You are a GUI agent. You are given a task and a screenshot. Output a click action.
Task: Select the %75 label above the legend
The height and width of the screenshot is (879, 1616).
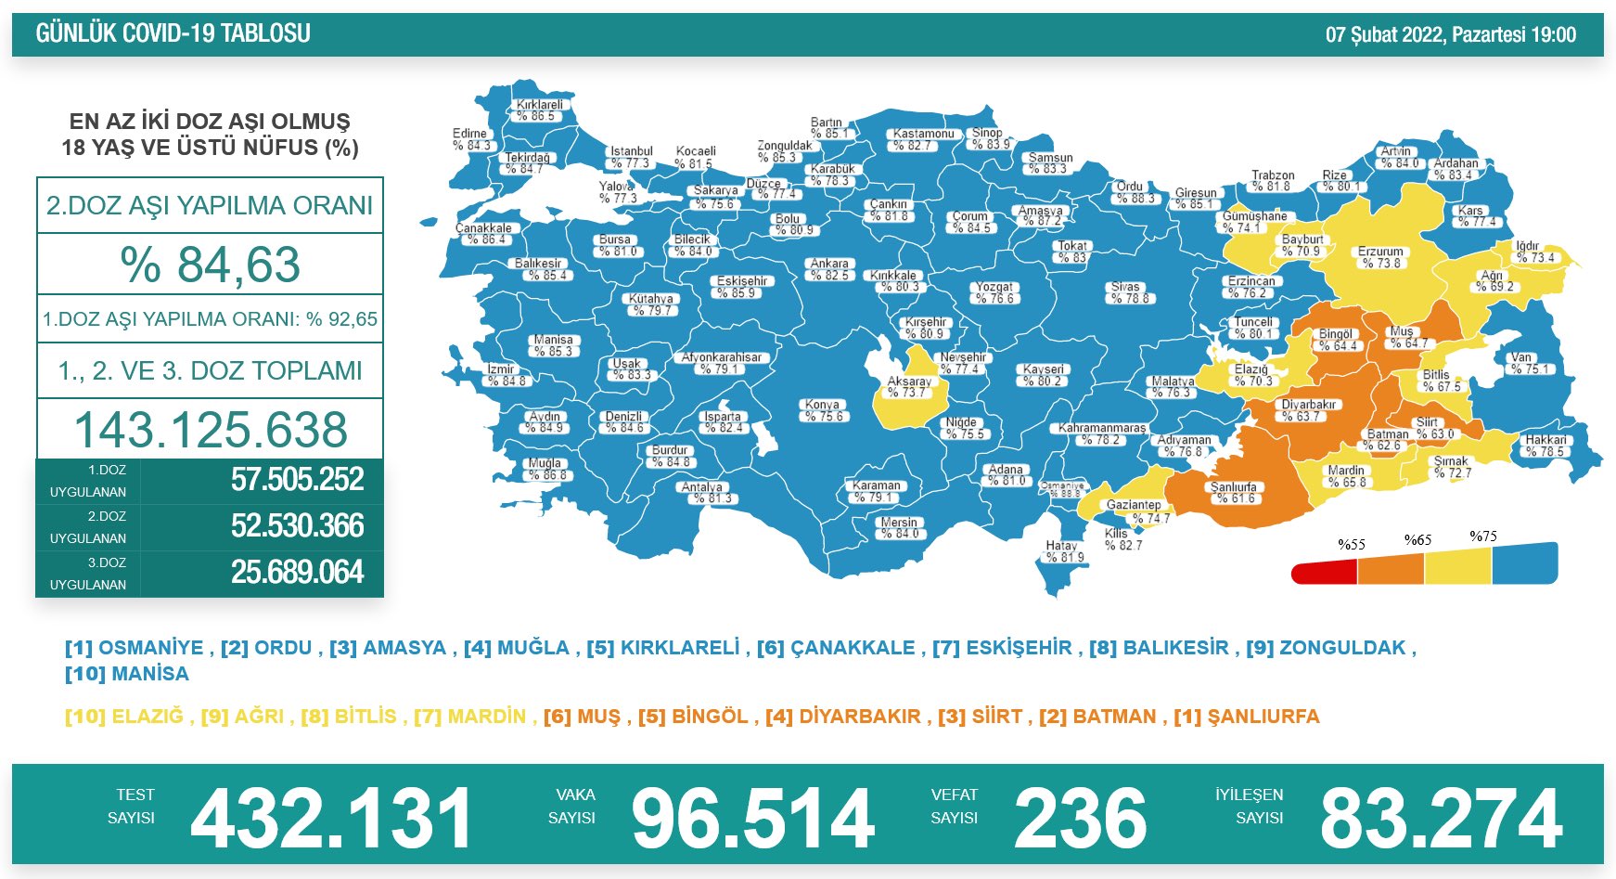coord(1483,536)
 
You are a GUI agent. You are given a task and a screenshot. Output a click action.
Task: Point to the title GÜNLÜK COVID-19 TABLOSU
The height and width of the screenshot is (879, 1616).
coord(173,34)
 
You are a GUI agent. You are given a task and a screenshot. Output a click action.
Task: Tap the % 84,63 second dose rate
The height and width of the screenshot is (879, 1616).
coord(211,265)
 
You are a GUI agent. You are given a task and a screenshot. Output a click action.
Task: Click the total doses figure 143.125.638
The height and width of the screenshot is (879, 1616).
coord(211,430)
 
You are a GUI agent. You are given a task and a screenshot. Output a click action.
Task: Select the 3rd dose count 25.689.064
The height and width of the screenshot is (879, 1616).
coord(297,573)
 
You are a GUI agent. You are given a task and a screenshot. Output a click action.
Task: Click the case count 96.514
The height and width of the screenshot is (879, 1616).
coord(752,819)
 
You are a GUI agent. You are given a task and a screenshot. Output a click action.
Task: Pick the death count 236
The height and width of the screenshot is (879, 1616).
coord(1081,819)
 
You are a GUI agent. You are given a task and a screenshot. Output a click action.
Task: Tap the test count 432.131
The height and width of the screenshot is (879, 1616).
coord(331,819)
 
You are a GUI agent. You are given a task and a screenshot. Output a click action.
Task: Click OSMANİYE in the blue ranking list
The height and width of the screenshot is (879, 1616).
coord(150,648)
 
